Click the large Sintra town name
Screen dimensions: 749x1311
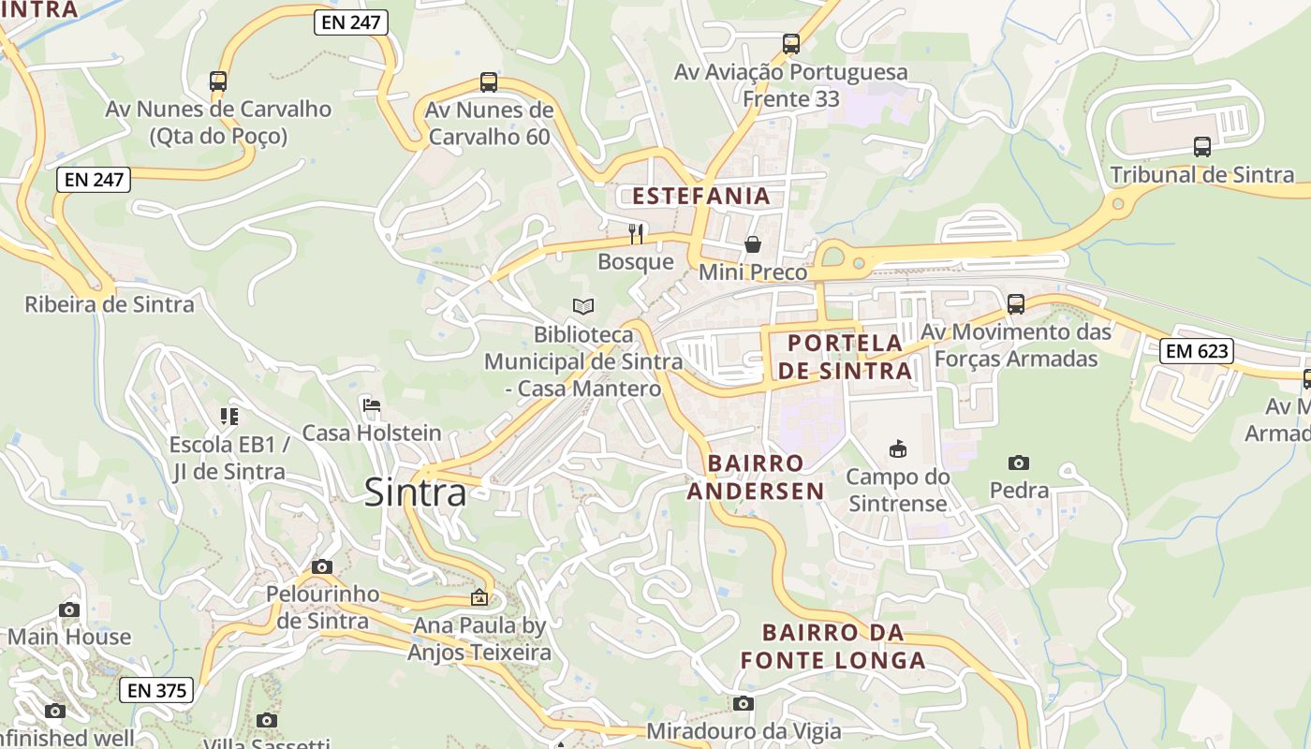click(415, 492)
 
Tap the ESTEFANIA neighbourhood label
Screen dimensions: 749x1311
click(701, 197)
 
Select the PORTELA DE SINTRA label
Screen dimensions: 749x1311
click(845, 357)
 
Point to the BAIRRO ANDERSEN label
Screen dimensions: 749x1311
click(756, 477)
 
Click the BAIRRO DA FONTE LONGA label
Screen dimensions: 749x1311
click(832, 646)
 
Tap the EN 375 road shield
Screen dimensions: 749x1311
click(156, 691)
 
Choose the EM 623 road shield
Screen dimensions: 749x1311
click(1196, 352)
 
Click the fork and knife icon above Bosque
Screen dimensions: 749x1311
click(636, 233)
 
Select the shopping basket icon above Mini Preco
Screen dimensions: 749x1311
click(753, 244)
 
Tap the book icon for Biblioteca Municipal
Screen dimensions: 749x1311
click(583, 306)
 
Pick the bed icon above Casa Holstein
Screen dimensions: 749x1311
click(372, 405)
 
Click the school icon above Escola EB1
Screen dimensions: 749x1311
click(229, 416)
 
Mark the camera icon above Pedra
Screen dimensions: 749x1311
click(1019, 463)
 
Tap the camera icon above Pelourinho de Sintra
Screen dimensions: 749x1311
click(322, 566)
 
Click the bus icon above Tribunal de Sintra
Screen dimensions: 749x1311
click(1202, 147)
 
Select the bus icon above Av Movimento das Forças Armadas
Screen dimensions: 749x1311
click(1016, 304)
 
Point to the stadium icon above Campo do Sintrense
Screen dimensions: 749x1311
click(898, 449)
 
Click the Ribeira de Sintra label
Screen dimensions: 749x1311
click(110, 304)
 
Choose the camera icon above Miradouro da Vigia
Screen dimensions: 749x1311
click(744, 703)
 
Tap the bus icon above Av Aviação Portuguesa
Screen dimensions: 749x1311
click(791, 44)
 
